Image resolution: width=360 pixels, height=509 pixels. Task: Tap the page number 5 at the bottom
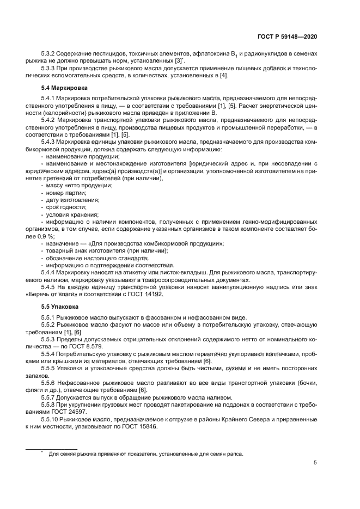pyautogui.click(x=315, y=463)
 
